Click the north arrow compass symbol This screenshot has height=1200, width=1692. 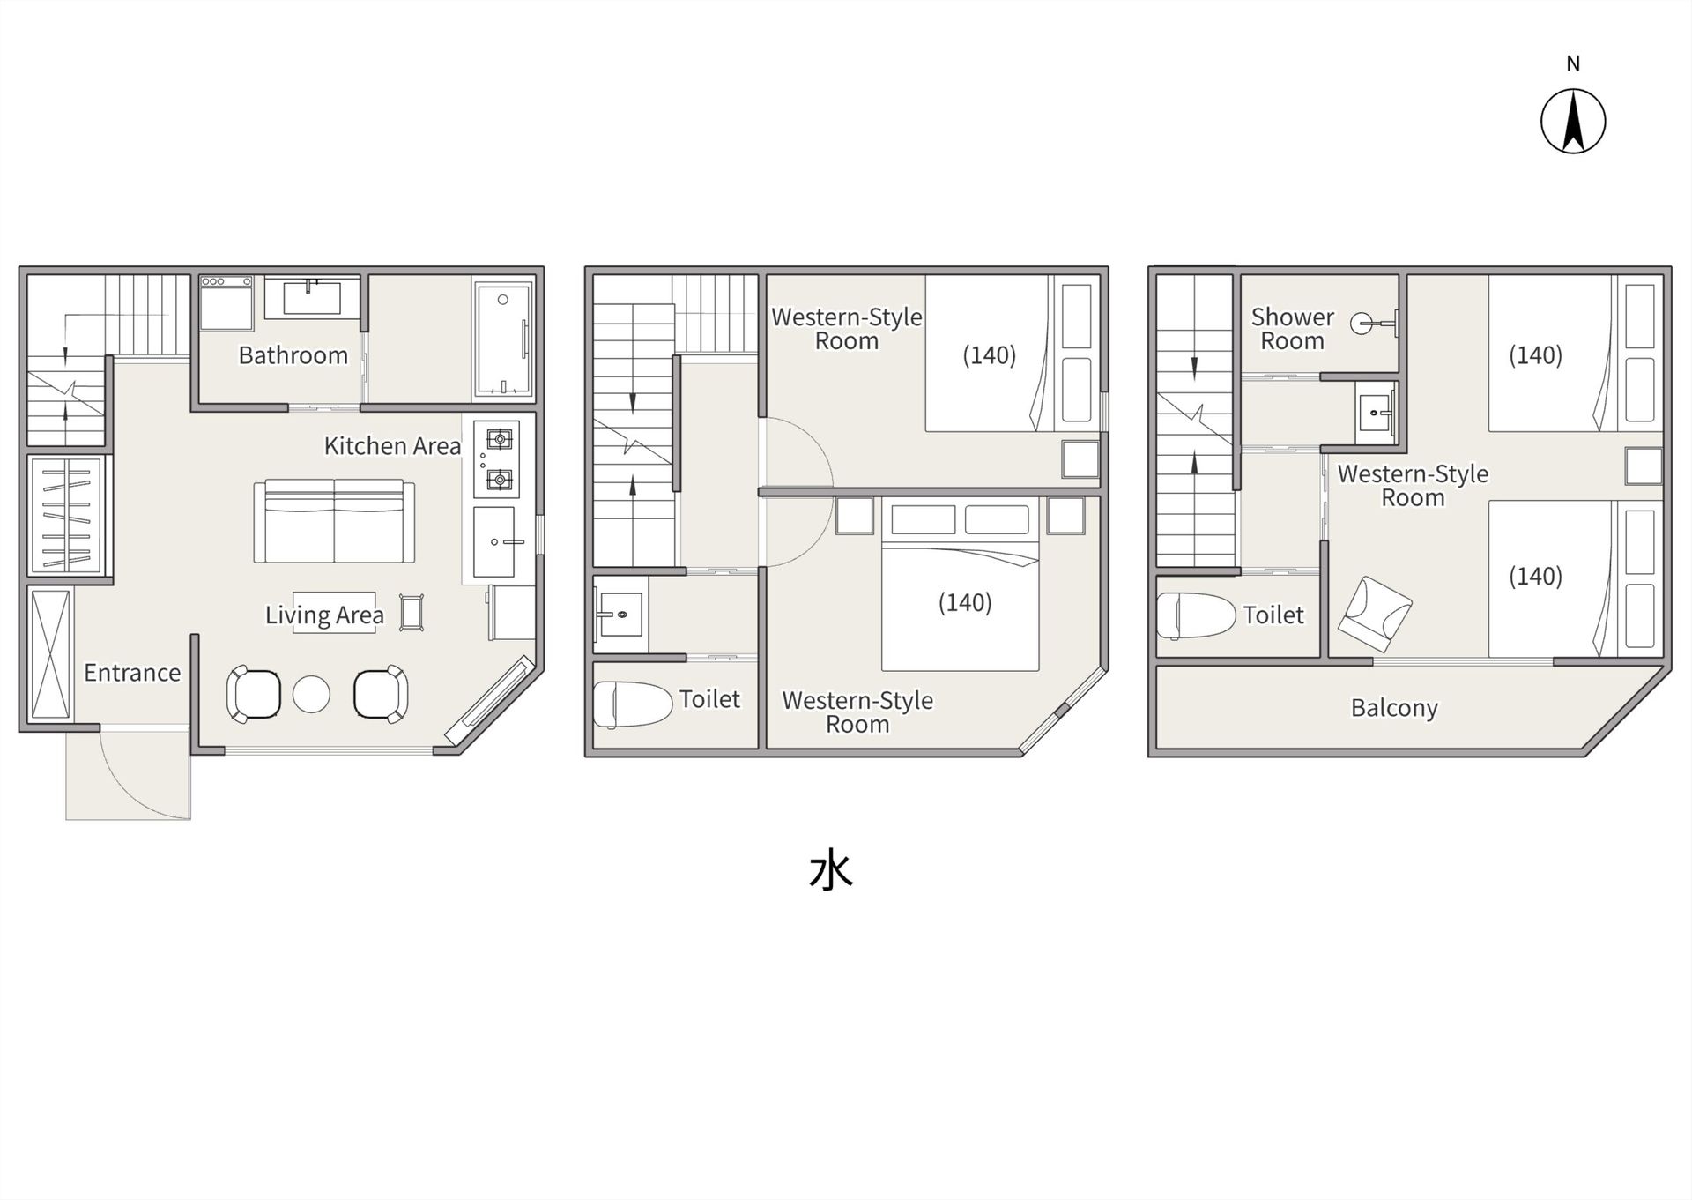coord(1573,121)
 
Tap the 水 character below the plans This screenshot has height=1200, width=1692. coord(831,871)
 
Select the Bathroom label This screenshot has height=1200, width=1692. coord(293,355)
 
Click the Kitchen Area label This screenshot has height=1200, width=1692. coord(392,446)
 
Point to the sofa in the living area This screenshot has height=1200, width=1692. coord(334,521)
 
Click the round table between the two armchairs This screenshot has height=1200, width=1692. coord(311,694)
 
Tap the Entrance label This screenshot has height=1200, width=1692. coord(132,673)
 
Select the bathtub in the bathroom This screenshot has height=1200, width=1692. coord(503,339)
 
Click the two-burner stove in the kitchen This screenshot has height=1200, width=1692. coord(496,458)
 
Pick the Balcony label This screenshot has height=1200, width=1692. coord(1394,708)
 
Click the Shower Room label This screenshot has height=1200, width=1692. coord(1293,329)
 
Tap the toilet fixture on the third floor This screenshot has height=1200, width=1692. coord(1197,615)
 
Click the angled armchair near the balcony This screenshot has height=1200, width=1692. coord(1375,615)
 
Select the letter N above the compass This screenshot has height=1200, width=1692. coord(1573,63)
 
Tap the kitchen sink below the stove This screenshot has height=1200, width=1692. coord(496,540)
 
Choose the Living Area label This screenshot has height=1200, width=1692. coord(324,615)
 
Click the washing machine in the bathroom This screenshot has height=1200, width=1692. coord(226,303)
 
